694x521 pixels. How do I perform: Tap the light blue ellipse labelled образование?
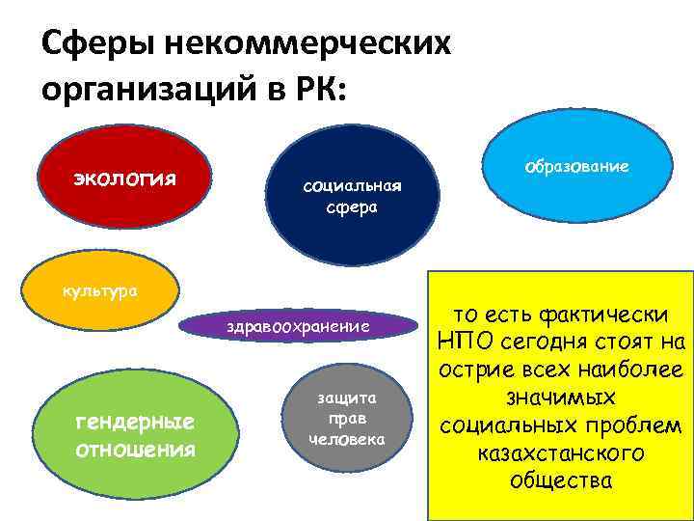[x=576, y=167]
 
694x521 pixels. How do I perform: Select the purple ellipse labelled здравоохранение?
[x=298, y=328]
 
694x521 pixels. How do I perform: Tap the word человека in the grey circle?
[x=346, y=440]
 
